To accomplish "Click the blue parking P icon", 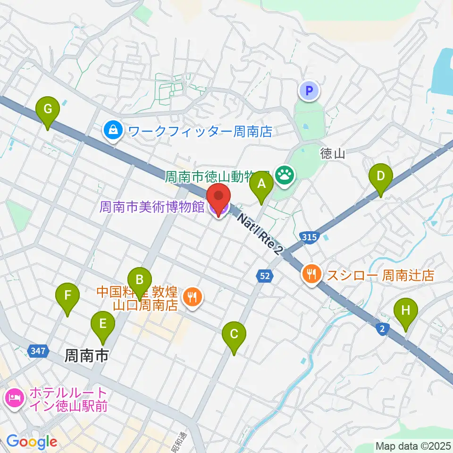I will (x=309, y=90).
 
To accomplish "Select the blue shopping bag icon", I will (x=113, y=131).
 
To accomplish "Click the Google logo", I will (x=32, y=441).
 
